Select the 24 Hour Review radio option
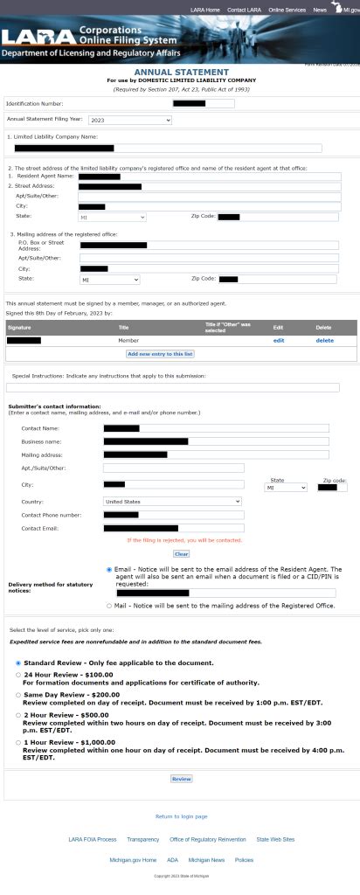click(18, 675)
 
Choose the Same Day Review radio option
click(18, 695)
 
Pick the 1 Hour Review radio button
click(18, 742)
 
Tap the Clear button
click(181, 553)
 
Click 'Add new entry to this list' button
click(160, 354)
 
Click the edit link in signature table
click(279, 340)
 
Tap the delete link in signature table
click(325, 340)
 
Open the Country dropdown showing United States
click(171, 502)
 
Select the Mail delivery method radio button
click(109, 605)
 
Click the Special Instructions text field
click(172, 387)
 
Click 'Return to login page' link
click(181, 816)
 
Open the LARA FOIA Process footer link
click(93, 839)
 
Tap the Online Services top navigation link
click(287, 10)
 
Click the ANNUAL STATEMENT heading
click(181, 72)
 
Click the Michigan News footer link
click(206, 860)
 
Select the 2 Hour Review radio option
click(18, 714)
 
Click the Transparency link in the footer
click(142, 839)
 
